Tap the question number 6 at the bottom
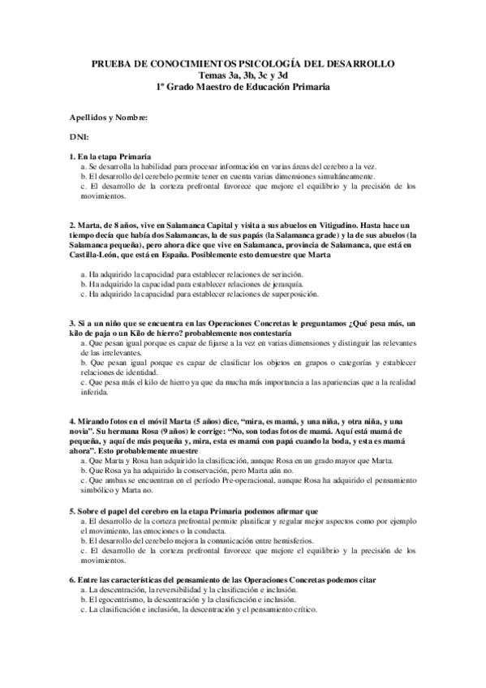[72, 581]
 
